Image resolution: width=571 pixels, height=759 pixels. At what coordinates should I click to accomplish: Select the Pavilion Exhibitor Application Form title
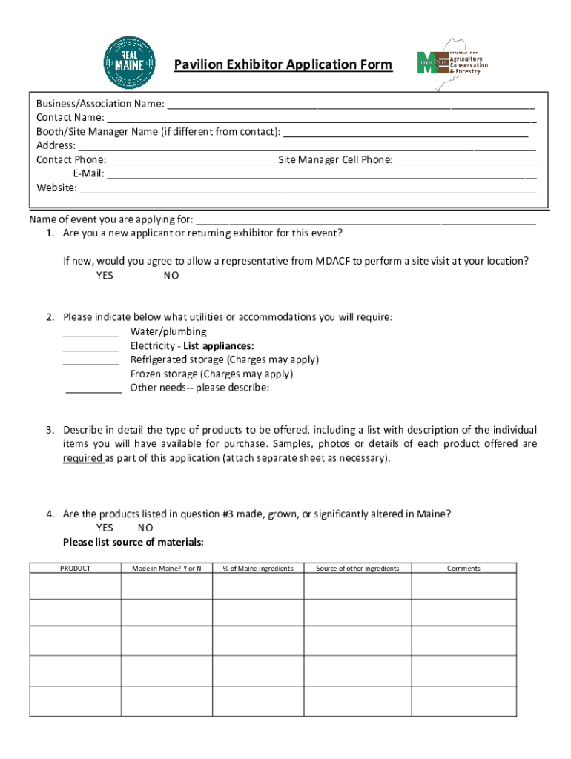pyautogui.click(x=283, y=65)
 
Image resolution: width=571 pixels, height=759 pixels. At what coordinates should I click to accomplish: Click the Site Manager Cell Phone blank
pyautogui.click(x=467, y=160)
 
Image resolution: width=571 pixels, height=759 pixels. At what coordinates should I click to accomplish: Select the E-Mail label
pyautogui.click(x=88, y=174)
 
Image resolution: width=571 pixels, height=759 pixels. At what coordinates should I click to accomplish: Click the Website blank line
pyautogui.click(x=308, y=188)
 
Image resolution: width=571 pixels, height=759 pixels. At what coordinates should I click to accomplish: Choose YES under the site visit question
pyautogui.click(x=105, y=276)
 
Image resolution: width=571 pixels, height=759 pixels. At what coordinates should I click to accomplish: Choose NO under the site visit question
pyautogui.click(x=171, y=276)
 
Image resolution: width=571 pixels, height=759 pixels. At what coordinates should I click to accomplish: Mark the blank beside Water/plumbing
pyautogui.click(x=90, y=332)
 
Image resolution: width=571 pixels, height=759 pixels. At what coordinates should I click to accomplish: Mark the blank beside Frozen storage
pyautogui.click(x=90, y=374)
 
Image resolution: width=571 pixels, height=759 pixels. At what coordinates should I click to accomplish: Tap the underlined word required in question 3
pyautogui.click(x=82, y=458)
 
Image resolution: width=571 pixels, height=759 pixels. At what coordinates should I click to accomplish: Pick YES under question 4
pyautogui.click(x=105, y=528)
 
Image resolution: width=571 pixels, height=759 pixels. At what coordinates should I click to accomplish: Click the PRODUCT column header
pyautogui.click(x=75, y=569)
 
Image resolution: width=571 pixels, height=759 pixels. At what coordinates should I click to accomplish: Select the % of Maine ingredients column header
pyautogui.click(x=258, y=569)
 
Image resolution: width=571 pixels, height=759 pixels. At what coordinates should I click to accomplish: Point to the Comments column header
pyautogui.click(x=463, y=569)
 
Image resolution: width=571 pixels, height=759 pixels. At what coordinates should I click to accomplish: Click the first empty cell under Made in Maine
pyautogui.click(x=166, y=587)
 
